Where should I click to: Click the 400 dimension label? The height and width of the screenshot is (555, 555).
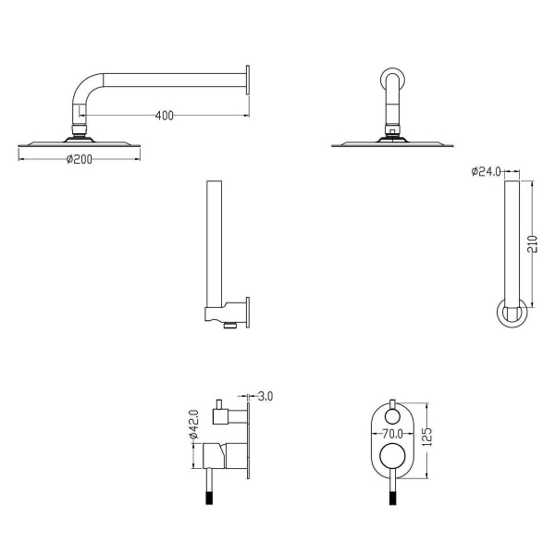(165, 116)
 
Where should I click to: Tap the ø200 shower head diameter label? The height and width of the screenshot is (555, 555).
(80, 159)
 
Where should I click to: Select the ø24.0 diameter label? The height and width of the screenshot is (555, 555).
(486, 172)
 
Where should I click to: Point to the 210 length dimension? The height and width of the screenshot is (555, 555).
(533, 243)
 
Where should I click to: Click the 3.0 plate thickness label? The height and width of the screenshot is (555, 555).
(265, 396)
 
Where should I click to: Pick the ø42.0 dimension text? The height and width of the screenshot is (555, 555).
(194, 424)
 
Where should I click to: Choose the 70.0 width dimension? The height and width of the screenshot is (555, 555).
(392, 433)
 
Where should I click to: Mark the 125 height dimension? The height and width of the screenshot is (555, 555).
(427, 437)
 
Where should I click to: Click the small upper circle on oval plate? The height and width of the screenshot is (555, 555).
(392, 416)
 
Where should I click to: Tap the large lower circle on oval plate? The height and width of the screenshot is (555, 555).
(392, 456)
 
